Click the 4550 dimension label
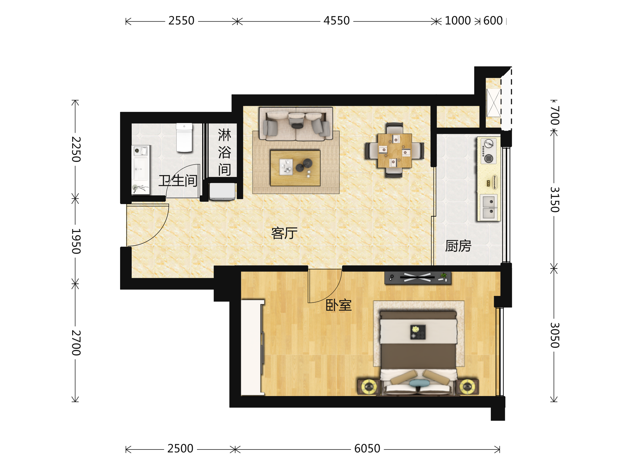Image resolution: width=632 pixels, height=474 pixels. pos(336,21)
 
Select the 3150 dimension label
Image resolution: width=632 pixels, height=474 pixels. pos(555,200)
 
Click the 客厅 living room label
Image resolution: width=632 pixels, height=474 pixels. pos(284,233)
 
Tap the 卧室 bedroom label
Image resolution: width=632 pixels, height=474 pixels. pos(339,305)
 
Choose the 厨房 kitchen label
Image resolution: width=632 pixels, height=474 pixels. pos(458,246)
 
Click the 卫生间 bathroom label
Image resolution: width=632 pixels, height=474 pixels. pos(178,181)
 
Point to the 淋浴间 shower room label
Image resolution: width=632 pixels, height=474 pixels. pos(225,152)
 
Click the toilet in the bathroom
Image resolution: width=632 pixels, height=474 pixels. pos(184,137)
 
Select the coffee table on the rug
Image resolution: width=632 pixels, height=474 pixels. pos(295,168)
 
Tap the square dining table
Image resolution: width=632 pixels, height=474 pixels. pos(394,151)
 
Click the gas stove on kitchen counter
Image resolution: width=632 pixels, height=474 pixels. pos(488,151)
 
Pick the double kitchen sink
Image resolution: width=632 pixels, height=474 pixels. pos(488,207)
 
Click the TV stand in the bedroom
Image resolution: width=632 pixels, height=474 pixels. pos(418,278)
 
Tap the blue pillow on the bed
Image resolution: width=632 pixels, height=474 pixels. pos(419,383)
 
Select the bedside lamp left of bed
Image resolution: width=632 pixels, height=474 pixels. pos(369,387)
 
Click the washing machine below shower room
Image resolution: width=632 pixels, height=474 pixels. pos(222,191)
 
